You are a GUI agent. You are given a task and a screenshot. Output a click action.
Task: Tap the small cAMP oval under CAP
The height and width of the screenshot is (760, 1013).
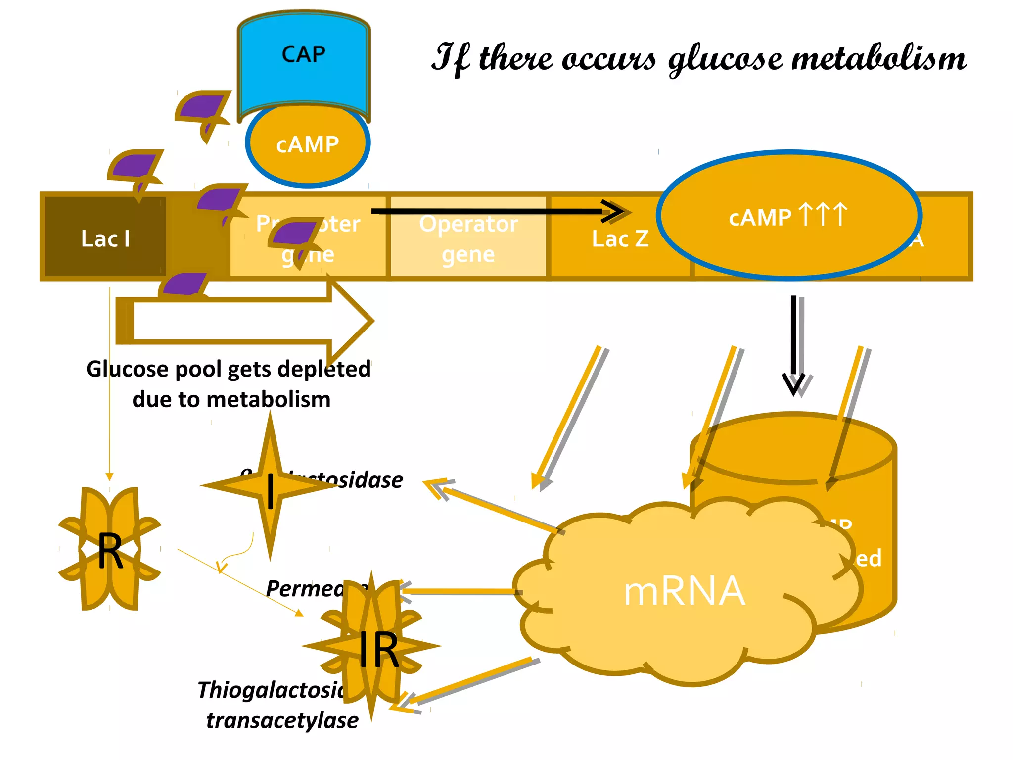(x=307, y=145)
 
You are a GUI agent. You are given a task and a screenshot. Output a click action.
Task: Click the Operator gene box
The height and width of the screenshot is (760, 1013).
(x=468, y=237)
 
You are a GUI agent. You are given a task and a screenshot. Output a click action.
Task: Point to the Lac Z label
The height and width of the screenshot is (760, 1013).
(x=620, y=239)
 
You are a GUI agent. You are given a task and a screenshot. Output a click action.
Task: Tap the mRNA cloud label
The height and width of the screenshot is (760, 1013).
(x=684, y=591)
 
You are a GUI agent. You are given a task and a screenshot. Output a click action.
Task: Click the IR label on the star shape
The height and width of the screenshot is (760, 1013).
(x=378, y=649)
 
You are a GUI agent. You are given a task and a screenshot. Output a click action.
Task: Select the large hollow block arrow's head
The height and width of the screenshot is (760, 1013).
(x=351, y=321)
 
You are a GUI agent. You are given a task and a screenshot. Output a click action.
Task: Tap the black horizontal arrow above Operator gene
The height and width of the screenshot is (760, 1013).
(x=495, y=211)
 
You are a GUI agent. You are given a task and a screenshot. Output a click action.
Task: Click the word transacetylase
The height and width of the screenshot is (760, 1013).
(x=282, y=720)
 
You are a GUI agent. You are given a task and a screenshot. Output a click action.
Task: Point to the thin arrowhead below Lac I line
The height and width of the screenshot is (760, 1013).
(x=110, y=476)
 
